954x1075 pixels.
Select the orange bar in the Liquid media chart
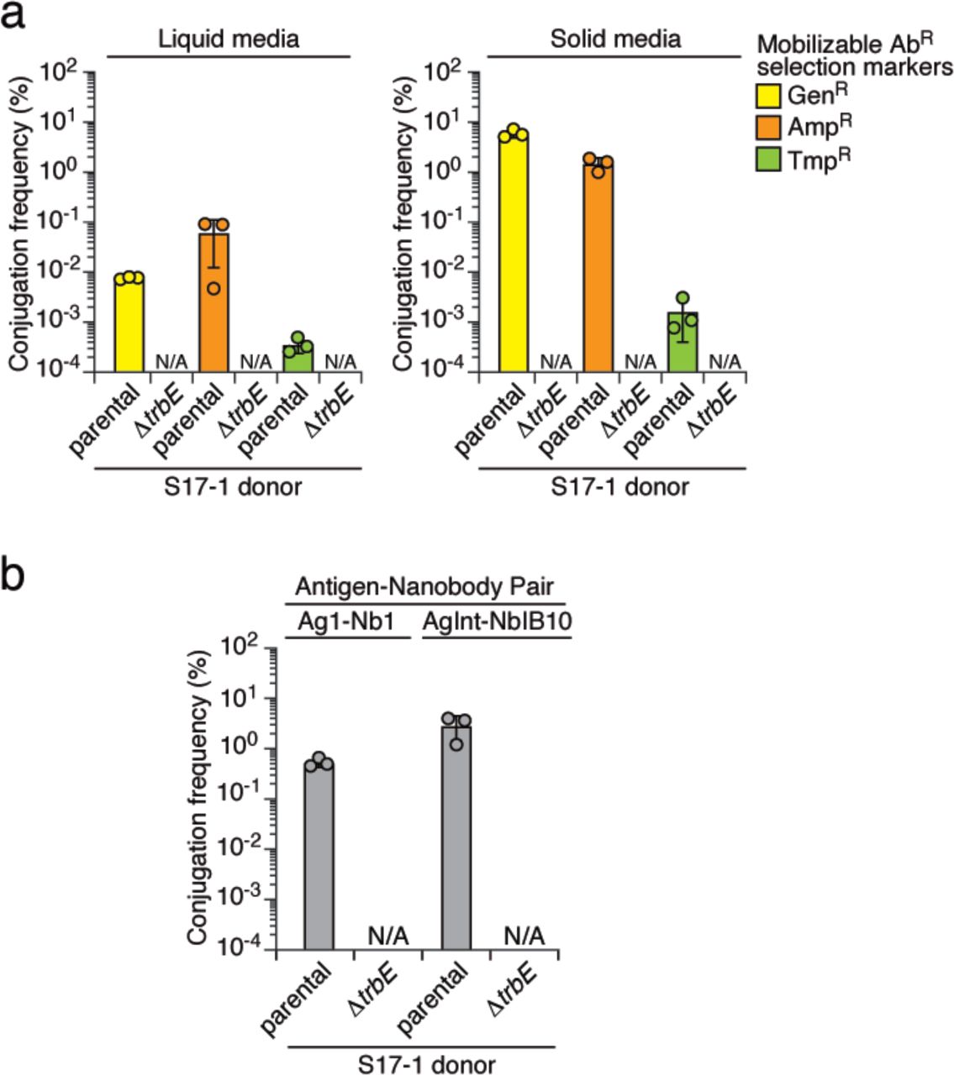click(213, 302)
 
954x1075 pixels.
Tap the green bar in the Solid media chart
click(683, 343)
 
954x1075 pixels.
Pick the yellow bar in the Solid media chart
click(514, 252)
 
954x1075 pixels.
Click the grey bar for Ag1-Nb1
click(319, 857)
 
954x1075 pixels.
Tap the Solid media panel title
click(615, 39)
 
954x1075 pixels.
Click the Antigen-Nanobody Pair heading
click(424, 585)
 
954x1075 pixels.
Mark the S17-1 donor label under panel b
click(424, 1063)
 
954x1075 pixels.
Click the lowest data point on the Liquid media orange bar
click(213, 288)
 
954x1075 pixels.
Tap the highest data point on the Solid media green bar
click(683, 298)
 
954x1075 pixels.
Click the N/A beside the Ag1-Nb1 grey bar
click(387, 935)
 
